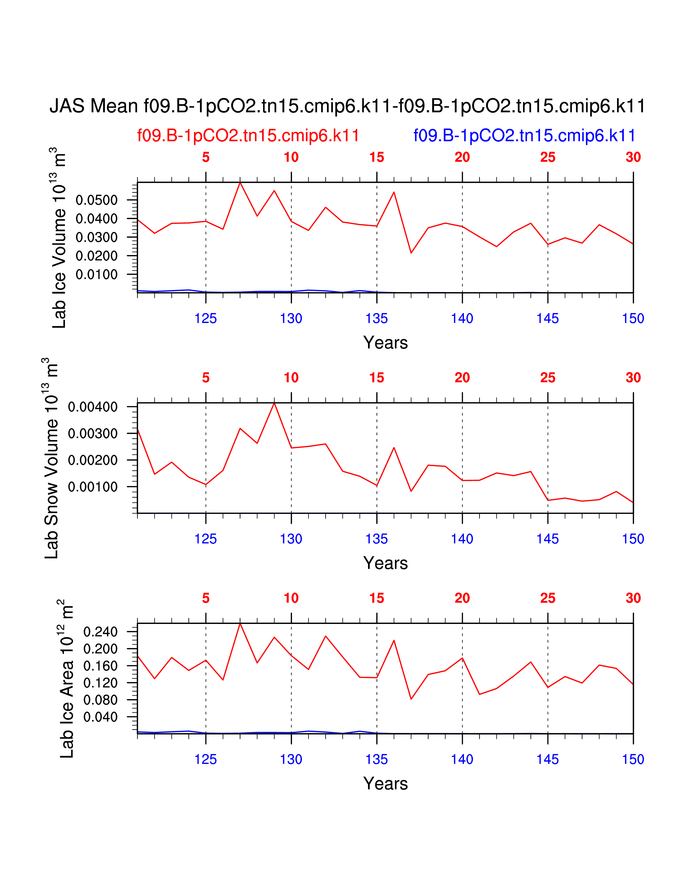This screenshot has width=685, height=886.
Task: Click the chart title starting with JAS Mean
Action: point(347,106)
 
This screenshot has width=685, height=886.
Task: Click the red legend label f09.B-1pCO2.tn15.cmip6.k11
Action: point(248,136)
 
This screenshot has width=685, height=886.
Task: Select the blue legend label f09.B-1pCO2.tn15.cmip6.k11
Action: point(524,136)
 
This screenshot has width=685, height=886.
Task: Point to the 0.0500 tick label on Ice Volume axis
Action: point(97,200)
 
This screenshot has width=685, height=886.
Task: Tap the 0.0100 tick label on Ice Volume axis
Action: point(97,275)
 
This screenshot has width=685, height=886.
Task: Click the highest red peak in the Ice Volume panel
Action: point(240,183)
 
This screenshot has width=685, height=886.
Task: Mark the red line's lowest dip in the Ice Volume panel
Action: point(411,253)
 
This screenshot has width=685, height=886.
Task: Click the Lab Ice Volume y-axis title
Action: point(59,238)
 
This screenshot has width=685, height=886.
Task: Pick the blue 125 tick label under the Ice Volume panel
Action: point(206,318)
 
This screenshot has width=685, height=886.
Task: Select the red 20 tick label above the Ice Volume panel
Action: point(462,157)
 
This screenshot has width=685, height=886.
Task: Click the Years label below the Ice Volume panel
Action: point(385,343)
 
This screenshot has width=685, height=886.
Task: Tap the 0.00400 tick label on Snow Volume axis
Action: point(93,407)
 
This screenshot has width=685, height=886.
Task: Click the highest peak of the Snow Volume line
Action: point(274,403)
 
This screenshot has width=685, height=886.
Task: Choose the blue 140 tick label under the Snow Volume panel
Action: point(462,539)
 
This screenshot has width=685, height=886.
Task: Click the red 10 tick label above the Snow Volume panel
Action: point(291,378)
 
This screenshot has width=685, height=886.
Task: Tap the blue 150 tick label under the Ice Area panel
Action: point(633,760)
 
